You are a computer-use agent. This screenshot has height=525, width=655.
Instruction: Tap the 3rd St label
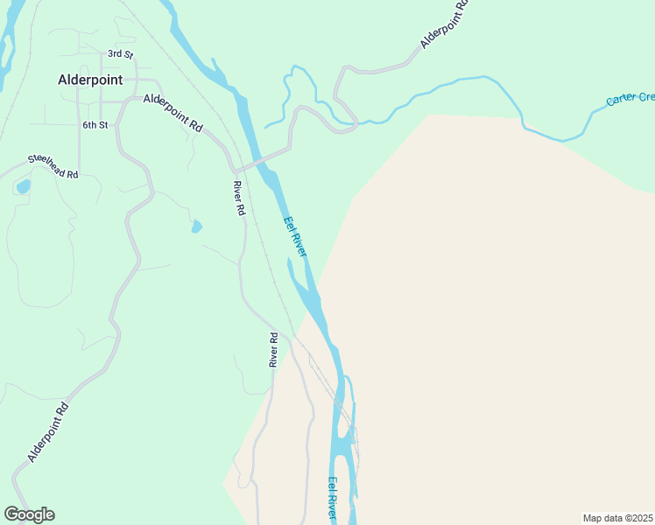pyautogui.click(x=119, y=54)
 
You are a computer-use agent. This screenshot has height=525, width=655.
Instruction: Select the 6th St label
pyautogui.click(x=95, y=125)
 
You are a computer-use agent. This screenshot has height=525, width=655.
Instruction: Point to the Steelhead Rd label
pyautogui.click(x=53, y=166)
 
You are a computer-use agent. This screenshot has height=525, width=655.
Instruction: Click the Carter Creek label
pyautogui.click(x=630, y=98)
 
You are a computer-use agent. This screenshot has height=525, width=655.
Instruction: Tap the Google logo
pyautogui.click(x=29, y=514)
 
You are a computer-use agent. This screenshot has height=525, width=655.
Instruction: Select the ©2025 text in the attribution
pyautogui.click(x=637, y=518)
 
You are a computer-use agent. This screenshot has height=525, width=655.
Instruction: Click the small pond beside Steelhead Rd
pyautogui.click(x=23, y=185)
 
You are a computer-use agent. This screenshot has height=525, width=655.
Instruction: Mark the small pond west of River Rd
pyautogui.click(x=196, y=227)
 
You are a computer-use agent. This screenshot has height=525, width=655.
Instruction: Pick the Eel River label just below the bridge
pyautogui.click(x=295, y=236)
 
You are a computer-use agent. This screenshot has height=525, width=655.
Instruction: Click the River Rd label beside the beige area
pyautogui.click(x=273, y=349)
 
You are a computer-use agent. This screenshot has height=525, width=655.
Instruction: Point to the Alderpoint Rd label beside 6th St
pyautogui.click(x=173, y=113)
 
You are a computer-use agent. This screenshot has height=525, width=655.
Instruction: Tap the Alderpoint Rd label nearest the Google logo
pyautogui.click(x=47, y=432)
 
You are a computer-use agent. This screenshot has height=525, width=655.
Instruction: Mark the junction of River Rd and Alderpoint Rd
pyautogui.click(x=233, y=168)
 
